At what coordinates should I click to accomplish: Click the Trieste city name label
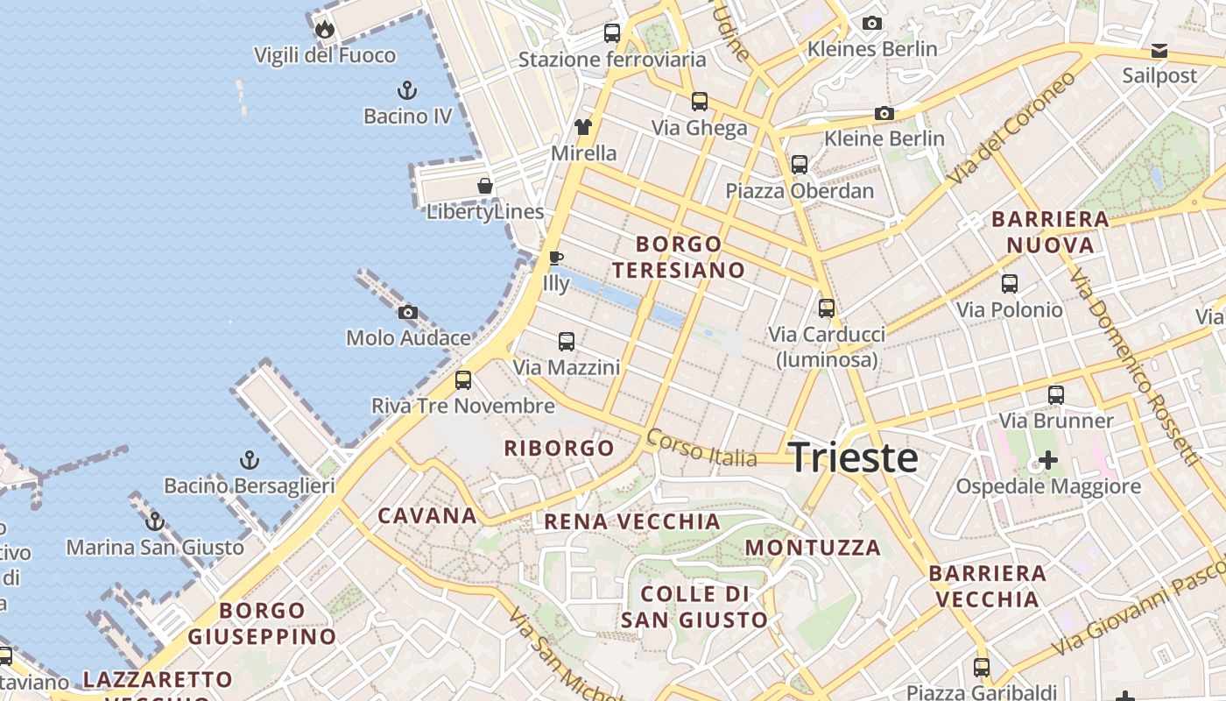pyautogui.click(x=853, y=458)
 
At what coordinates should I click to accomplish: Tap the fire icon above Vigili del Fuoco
pyautogui.click(x=325, y=29)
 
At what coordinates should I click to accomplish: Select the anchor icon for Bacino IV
pyautogui.click(x=406, y=89)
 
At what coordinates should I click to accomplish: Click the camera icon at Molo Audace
pyautogui.click(x=407, y=312)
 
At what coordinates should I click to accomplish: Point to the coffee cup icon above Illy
pyautogui.click(x=555, y=258)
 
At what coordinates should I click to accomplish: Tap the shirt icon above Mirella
pyautogui.click(x=583, y=127)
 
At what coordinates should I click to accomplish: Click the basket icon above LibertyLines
pyautogui.click(x=484, y=186)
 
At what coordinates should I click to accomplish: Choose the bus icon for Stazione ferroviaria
pyautogui.click(x=612, y=33)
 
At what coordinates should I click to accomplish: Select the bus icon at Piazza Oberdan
pyautogui.click(x=799, y=165)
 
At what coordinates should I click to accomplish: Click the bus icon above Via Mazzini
pyautogui.click(x=567, y=342)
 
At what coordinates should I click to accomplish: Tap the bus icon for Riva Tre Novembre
pyautogui.click(x=463, y=380)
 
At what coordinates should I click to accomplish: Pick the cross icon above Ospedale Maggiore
pyautogui.click(x=1048, y=460)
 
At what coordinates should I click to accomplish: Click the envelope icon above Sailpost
pyautogui.click(x=1159, y=50)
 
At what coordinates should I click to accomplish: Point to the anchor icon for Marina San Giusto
pyautogui.click(x=155, y=521)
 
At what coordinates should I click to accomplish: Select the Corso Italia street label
pyautogui.click(x=701, y=448)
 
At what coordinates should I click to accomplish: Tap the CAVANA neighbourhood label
pyautogui.click(x=427, y=515)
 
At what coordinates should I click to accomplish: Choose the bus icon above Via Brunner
pyautogui.click(x=1056, y=395)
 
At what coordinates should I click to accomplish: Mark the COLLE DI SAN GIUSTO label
pyautogui.click(x=694, y=607)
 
